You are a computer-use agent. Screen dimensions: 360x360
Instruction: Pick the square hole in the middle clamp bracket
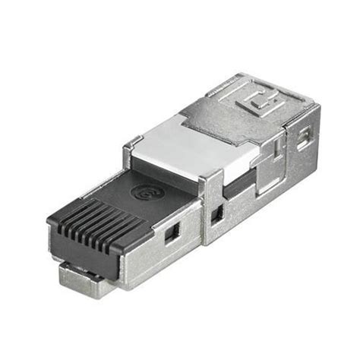pos(218,214)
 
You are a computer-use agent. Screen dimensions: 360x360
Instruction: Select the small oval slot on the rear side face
pos(305,137)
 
